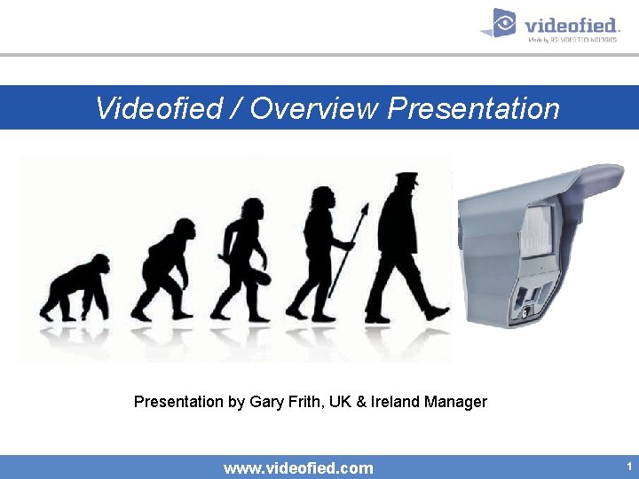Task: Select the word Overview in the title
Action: pos(315,108)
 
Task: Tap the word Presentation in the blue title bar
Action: pos(474,108)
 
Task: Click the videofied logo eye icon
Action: pos(503,23)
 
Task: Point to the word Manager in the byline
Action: pos(455,402)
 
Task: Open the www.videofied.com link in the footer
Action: pos(298,467)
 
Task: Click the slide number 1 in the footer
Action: pos(628,466)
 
